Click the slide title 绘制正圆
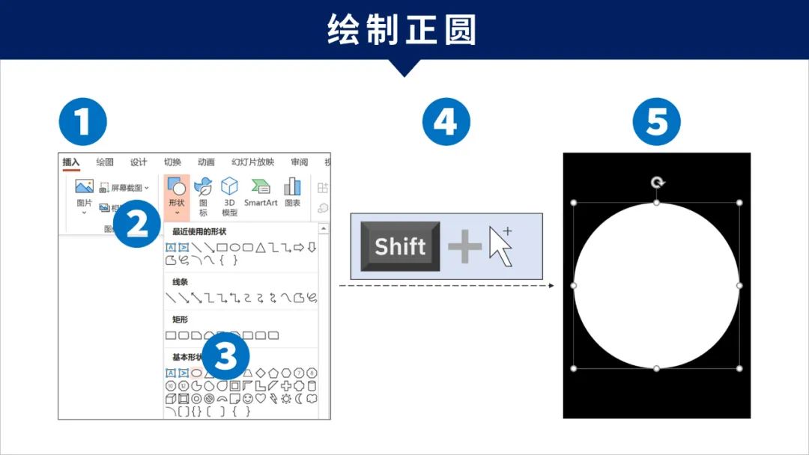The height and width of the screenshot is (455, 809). [403, 30]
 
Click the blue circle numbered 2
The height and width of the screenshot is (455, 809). [137, 222]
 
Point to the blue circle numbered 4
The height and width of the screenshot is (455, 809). [446, 121]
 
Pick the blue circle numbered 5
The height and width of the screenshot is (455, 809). [656, 121]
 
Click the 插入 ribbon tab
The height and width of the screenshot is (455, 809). [71, 162]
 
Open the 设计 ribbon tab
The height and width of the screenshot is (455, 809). [139, 162]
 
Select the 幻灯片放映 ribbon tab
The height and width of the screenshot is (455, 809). [252, 162]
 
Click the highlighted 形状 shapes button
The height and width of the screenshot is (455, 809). [177, 195]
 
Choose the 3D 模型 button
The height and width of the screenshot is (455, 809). [229, 196]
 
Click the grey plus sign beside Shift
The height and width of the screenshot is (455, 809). [464, 247]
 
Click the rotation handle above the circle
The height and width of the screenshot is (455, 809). [657, 183]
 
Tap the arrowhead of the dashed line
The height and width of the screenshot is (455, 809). [551, 285]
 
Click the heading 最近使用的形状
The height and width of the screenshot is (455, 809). [199, 232]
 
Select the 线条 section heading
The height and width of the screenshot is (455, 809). [180, 282]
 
